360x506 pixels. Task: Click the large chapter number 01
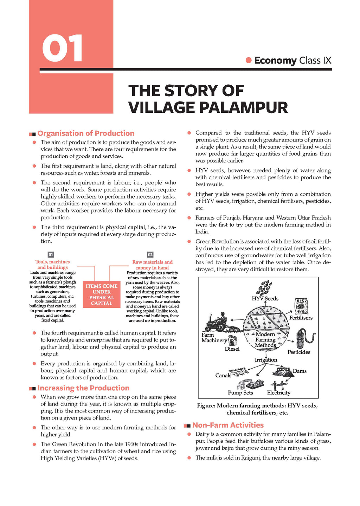63,48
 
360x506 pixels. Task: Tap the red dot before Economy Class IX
249,60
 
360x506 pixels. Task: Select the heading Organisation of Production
86,133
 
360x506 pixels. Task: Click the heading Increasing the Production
83,388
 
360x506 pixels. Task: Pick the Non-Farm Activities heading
228,425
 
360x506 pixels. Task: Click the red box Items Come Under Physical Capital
102,294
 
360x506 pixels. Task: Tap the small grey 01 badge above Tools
51,254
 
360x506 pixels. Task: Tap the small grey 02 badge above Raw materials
150,254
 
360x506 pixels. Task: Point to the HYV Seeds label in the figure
265,299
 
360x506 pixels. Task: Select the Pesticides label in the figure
299,352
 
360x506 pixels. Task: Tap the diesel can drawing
233,340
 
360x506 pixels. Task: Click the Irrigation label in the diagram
266,360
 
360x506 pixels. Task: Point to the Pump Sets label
240,393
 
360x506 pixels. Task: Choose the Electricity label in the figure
278,393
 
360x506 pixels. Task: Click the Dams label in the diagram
300,371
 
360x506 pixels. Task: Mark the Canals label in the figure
223,375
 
